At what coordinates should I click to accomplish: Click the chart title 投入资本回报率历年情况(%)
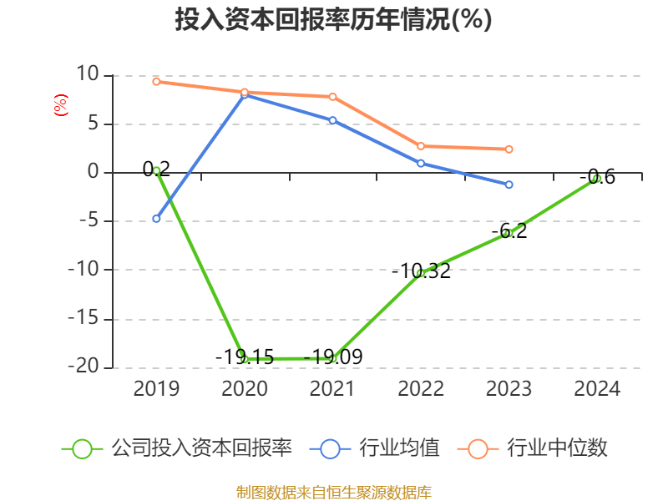333,20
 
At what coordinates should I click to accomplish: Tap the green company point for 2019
156,170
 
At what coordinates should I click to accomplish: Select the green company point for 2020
245,358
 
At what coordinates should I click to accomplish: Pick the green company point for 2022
421,272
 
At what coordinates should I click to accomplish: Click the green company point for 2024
596,178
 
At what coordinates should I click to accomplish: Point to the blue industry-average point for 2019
156,219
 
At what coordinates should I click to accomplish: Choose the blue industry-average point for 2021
332,120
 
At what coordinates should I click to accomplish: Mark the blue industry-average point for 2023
509,185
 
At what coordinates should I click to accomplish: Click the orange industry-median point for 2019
156,81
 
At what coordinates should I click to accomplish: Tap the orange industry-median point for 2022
421,146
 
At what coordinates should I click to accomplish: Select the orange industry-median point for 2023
509,149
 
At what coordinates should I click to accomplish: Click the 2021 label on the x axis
332,389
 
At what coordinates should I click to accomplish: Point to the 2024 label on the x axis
597,389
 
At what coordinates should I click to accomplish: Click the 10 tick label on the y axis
87,75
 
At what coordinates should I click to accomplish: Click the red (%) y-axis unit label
60,105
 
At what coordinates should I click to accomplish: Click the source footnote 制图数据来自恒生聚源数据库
333,492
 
